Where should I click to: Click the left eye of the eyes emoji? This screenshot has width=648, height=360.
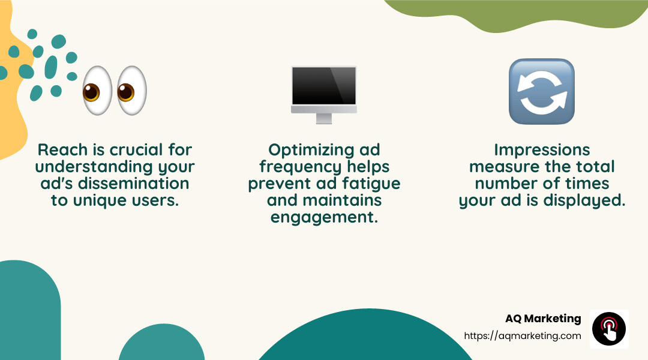point(98,91)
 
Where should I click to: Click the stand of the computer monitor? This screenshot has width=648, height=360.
point(324,118)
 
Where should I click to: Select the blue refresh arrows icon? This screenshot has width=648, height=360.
point(542,91)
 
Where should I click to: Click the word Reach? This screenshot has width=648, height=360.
point(59,149)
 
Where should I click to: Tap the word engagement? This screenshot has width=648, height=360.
point(324,217)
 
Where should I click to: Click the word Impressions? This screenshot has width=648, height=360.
point(542,149)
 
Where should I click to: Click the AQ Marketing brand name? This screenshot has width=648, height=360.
point(543,319)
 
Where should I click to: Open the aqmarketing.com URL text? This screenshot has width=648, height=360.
point(523,336)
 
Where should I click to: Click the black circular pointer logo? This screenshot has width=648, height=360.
point(609,329)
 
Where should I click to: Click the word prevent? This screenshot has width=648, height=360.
point(278,183)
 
